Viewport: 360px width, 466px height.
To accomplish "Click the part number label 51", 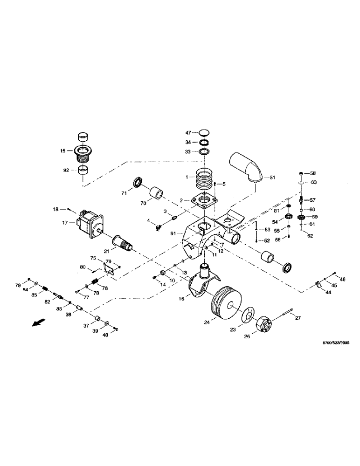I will [273, 177].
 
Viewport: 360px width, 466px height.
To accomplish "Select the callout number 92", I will [66, 171].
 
